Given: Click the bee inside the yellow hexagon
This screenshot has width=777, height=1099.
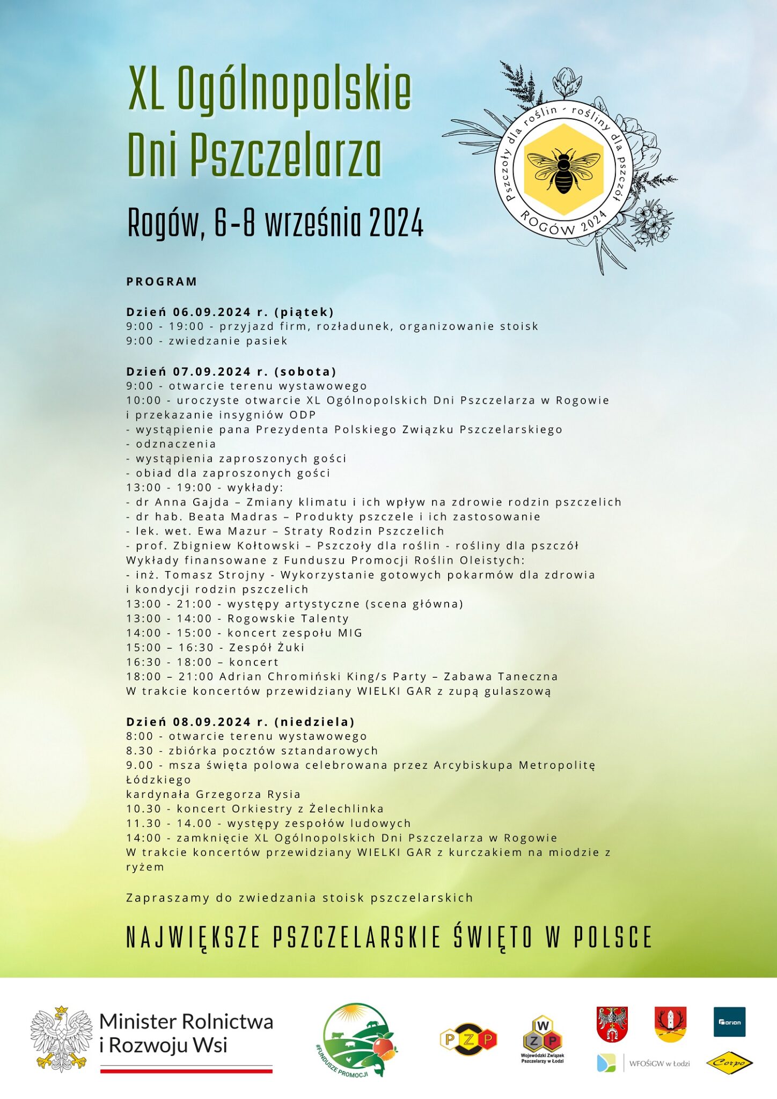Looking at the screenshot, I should coord(563,169).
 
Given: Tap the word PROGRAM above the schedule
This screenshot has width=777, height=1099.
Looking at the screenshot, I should coord(162,282).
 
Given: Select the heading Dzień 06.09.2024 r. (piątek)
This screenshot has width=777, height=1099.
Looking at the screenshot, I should coord(230,312).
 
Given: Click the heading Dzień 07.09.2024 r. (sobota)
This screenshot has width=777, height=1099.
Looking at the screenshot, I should coord(231,371).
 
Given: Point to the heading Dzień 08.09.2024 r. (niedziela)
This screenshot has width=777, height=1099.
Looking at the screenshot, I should coord(241,722).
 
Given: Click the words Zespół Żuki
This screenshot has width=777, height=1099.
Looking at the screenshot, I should coord(267,648).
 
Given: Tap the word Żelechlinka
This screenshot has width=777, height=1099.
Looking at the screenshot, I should coord(347,809).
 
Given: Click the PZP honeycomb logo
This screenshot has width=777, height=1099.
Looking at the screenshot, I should coord(468,1039).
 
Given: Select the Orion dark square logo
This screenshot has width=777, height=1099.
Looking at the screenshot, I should coord(729,1022).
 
